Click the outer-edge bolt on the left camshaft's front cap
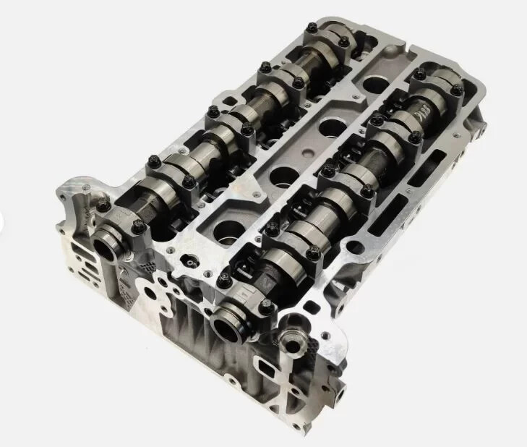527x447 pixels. coord(103,205)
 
